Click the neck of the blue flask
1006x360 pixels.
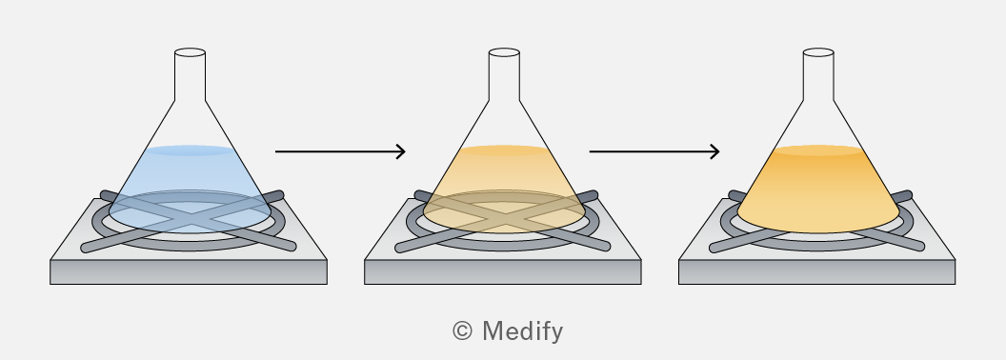[190, 76]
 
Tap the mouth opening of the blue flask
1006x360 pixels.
[190, 52]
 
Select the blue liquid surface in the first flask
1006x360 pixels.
[190, 150]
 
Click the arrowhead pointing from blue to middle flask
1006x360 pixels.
[400, 151]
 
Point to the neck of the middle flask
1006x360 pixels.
[504, 76]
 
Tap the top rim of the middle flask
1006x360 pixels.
[504, 52]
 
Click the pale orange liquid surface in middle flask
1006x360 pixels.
[504, 150]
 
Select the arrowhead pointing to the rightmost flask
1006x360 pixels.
[714, 151]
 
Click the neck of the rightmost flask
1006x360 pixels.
[818, 76]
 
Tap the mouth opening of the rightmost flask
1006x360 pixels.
[818, 52]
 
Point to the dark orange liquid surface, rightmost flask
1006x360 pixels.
[818, 150]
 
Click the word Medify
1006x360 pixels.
[522, 331]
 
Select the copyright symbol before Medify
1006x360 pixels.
[463, 331]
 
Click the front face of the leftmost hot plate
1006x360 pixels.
[189, 272]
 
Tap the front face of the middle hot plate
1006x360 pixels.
[503, 272]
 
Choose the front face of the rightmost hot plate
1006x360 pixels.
[817, 272]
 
